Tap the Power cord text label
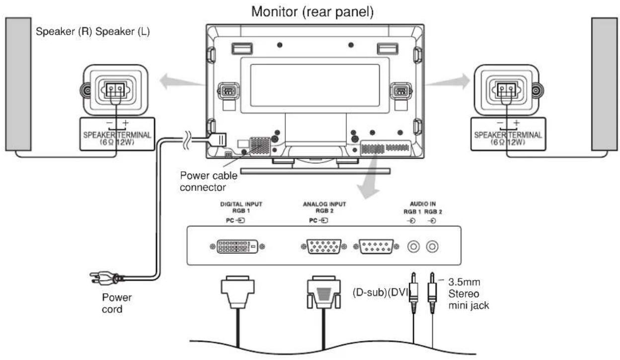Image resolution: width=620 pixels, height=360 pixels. point(117,303)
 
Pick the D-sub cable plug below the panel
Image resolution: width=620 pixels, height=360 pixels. point(323,293)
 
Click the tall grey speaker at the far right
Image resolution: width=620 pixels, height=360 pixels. point(606,84)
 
